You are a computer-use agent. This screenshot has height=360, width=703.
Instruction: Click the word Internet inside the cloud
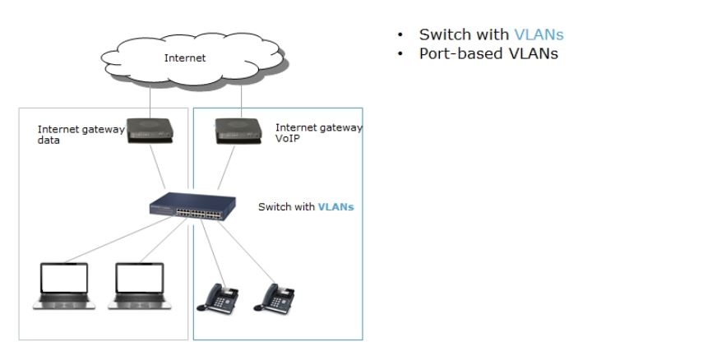pos(185,58)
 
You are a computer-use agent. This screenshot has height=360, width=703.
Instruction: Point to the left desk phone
pos(216,297)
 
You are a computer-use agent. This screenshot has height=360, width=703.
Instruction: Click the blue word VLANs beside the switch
pos(335,207)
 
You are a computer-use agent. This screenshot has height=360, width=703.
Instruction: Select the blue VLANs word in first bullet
pos(539,35)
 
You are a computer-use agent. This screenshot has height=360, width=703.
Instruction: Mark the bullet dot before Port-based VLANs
pos(400,54)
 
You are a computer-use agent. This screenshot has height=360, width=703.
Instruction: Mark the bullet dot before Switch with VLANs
pos(400,35)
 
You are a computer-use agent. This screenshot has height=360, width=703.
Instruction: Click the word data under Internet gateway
pos(49,141)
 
